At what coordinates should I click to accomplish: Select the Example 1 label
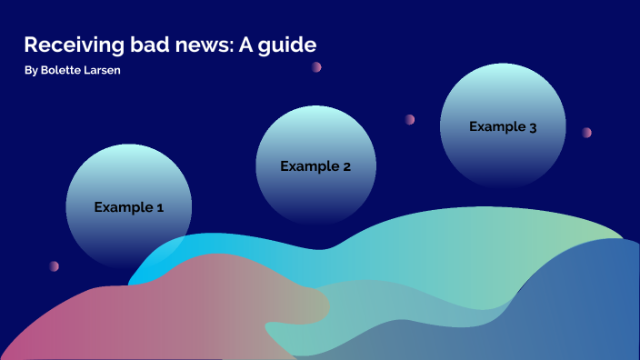(x=129, y=207)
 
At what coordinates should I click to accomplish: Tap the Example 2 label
(x=315, y=166)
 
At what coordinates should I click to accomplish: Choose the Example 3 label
(x=503, y=127)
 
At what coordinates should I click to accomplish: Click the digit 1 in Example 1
(x=160, y=207)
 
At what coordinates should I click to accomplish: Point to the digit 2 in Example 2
(x=346, y=166)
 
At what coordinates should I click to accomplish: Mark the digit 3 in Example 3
(x=533, y=127)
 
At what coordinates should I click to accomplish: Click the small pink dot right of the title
(x=316, y=66)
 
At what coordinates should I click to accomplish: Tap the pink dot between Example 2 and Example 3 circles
(x=410, y=119)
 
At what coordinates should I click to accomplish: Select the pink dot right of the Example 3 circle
(x=586, y=132)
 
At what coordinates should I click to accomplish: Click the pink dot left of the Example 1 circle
(x=54, y=266)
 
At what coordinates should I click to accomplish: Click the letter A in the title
(x=245, y=45)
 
